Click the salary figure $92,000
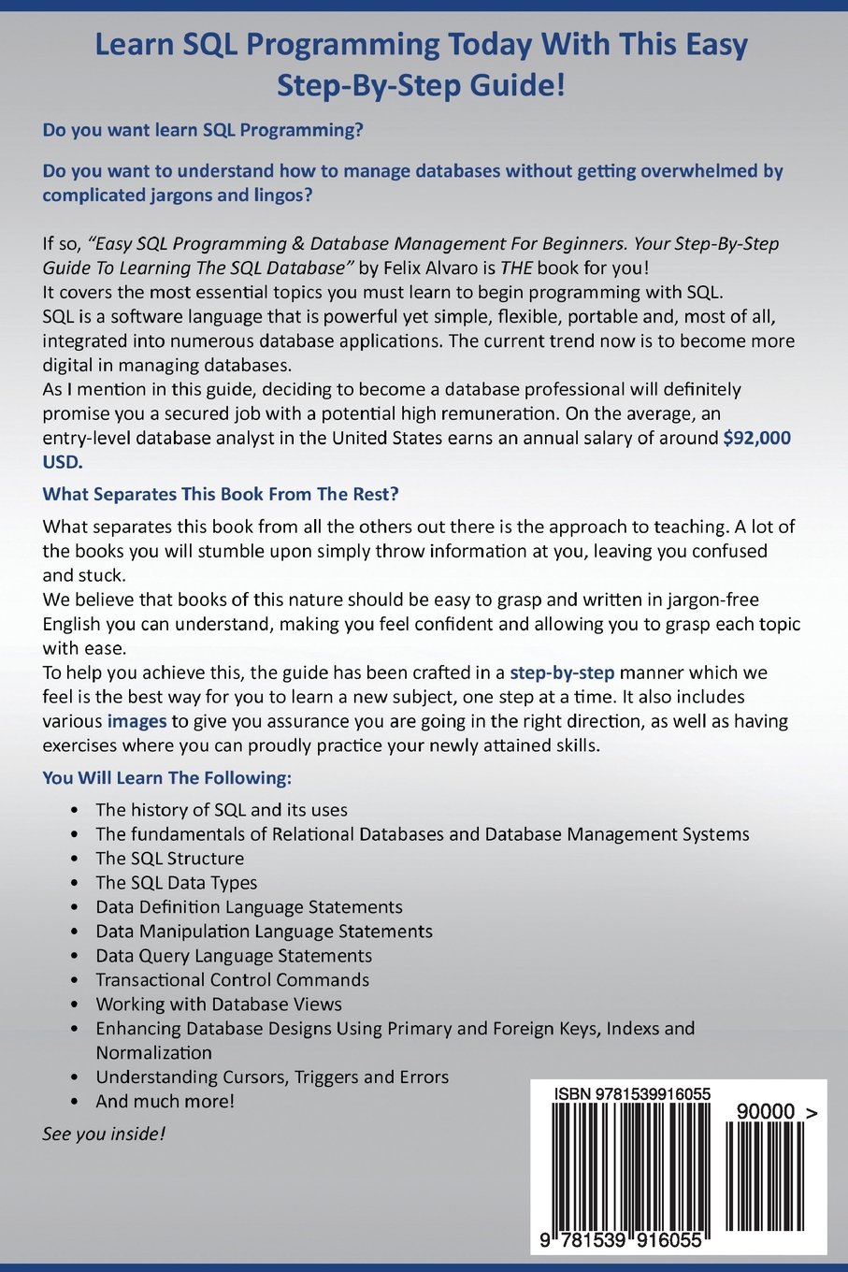[x=756, y=438]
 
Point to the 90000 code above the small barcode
[x=766, y=1112]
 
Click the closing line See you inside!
[x=104, y=1134]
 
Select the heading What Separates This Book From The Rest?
[x=221, y=493]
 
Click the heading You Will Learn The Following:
[x=167, y=777]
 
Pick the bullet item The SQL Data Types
[x=176, y=883]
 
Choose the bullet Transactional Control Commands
[x=232, y=980]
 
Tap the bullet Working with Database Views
[x=219, y=1005]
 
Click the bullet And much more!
[x=165, y=1102]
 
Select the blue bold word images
[x=137, y=721]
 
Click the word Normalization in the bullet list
[x=153, y=1053]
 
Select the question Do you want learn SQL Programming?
[x=203, y=130]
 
